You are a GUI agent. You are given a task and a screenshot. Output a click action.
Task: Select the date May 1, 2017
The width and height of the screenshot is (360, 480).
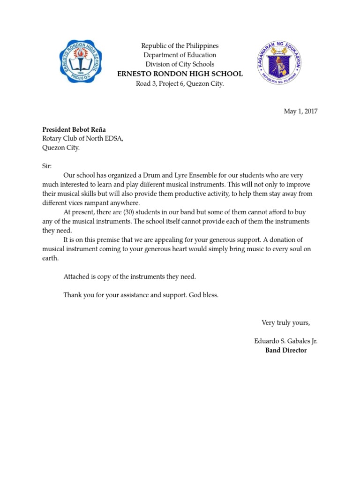tap(301, 111)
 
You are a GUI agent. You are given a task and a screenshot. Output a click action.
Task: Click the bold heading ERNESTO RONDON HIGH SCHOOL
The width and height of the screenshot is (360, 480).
tap(180, 74)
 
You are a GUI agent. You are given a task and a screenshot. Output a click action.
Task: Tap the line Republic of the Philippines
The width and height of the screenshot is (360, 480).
tap(180, 46)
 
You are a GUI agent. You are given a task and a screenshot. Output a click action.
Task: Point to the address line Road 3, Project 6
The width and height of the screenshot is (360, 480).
tap(180, 83)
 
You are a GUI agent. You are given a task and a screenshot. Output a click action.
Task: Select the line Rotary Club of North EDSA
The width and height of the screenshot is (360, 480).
tap(83, 139)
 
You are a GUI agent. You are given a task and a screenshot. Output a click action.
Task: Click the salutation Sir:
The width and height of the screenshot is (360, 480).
tap(47, 166)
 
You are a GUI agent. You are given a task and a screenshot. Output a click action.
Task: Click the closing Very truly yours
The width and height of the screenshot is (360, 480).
tap(285, 322)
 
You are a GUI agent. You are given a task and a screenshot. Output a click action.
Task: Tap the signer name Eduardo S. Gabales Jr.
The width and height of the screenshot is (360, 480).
tap(285, 341)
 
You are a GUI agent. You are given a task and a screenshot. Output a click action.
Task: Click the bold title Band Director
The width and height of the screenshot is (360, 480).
tap(286, 350)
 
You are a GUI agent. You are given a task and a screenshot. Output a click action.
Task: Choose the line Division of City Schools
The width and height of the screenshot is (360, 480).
tap(180, 64)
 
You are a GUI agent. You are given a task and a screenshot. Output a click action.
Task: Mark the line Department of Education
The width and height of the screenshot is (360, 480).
tap(180, 55)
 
